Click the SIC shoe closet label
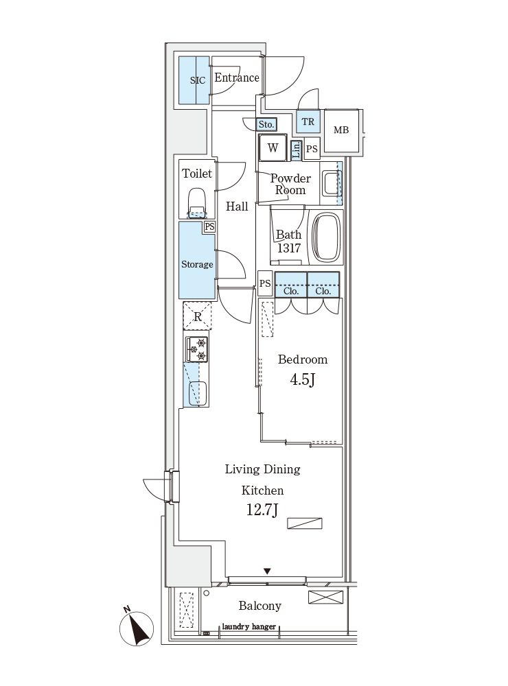tap(198, 80)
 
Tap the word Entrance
tap(236, 78)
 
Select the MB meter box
tap(341, 130)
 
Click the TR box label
tap(308, 121)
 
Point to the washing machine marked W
tap(273, 148)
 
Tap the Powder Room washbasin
tap(332, 183)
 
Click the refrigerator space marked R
tap(198, 316)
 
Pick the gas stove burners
tap(196, 349)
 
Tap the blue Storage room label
tap(197, 264)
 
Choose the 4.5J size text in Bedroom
tap(303, 379)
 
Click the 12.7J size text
tap(262, 510)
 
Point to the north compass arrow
tap(137, 628)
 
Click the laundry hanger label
tap(249, 626)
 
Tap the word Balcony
tap(259, 606)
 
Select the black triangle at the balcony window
tap(267, 571)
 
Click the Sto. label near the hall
tap(266, 125)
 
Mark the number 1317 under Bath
tap(289, 248)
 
